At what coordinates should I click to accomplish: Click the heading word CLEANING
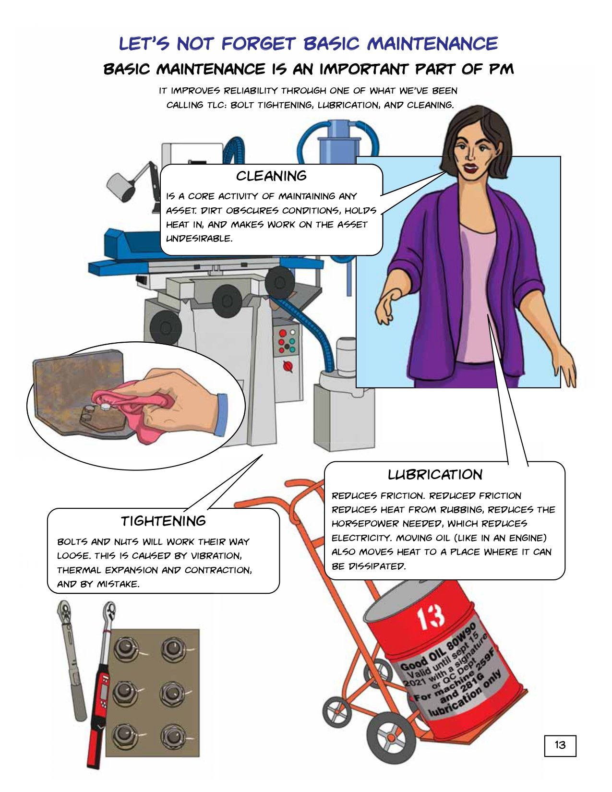click(271, 176)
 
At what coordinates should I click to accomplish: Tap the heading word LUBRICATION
click(435, 475)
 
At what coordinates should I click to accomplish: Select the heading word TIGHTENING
click(163, 521)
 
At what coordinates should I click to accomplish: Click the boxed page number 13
click(560, 745)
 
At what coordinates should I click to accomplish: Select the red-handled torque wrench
click(101, 685)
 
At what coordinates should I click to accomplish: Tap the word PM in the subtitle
click(501, 69)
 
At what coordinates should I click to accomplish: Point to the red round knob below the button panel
click(288, 366)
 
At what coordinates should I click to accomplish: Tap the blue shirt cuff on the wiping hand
click(220, 415)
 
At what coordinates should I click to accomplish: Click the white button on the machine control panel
click(293, 332)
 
